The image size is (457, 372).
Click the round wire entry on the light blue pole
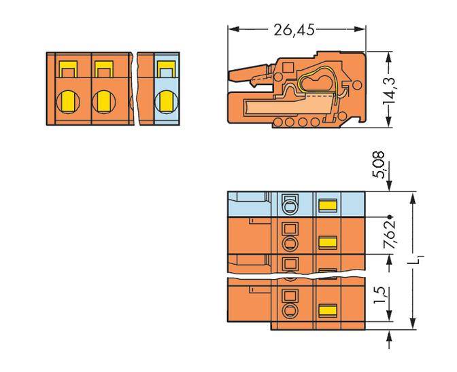click(x=164, y=101)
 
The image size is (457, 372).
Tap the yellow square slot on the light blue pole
click(x=164, y=69)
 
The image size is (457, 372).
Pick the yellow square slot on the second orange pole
click(x=103, y=69)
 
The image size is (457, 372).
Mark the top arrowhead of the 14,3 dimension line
click(x=388, y=51)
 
